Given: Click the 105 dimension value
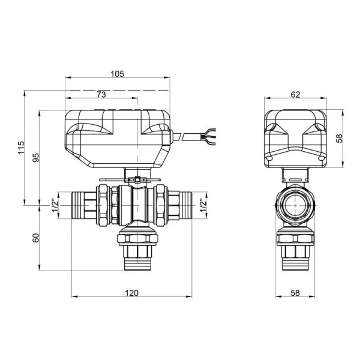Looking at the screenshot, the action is (x=118, y=74).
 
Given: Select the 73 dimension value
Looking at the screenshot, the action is (x=101, y=95).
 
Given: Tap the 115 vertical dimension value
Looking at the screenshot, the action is (x=21, y=148).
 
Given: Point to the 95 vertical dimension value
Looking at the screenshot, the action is (x=36, y=157).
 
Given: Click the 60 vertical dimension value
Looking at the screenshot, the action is (x=36, y=238).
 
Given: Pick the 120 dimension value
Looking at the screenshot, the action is (x=132, y=293).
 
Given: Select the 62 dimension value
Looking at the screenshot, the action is (x=295, y=95).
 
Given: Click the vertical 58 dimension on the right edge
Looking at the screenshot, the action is (x=339, y=138).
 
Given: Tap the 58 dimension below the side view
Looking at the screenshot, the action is (x=295, y=293).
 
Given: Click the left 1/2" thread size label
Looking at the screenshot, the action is (x=55, y=205).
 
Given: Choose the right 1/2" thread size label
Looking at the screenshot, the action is (x=203, y=205).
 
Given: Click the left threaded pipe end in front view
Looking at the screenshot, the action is (x=78, y=205).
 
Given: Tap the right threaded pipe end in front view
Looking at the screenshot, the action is (x=185, y=205).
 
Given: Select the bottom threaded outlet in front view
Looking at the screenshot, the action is (x=138, y=264).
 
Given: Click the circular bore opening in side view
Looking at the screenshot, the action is (x=295, y=205).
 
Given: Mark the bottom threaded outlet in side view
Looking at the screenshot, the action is (x=295, y=264).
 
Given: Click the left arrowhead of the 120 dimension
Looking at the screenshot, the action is (x=74, y=296).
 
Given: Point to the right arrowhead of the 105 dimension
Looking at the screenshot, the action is (x=167, y=77).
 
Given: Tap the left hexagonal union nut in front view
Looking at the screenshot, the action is (x=103, y=205).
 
